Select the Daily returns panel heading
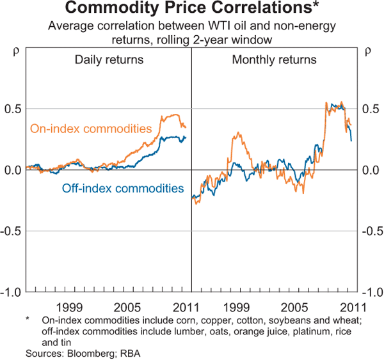(x=109, y=60)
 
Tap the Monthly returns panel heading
(x=274, y=60)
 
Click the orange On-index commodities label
(x=90, y=129)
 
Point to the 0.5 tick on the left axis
(x=13, y=109)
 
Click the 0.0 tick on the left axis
(x=13, y=170)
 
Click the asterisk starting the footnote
(x=28, y=319)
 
